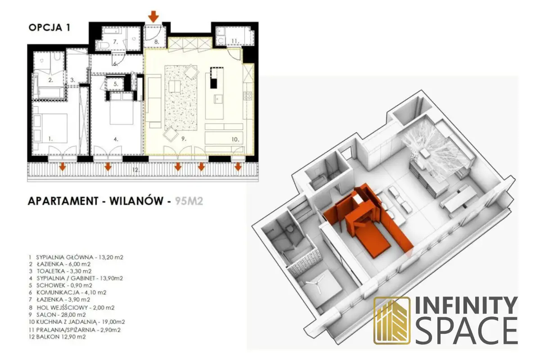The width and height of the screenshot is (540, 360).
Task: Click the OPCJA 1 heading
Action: (x=49, y=28)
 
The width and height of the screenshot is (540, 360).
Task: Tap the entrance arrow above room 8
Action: (x=153, y=17)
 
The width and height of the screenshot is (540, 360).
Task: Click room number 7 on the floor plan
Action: (x=116, y=42)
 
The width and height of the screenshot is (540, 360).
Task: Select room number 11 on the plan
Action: (x=235, y=41)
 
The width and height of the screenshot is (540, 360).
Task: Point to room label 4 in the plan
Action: (x=116, y=139)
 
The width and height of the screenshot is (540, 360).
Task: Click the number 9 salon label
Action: (x=184, y=139)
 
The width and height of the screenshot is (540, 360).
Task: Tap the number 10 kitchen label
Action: (x=235, y=139)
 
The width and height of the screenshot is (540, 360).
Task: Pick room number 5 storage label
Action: (x=116, y=84)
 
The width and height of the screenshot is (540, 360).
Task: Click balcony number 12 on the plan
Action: (x=136, y=170)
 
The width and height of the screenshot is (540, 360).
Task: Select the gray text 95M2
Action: (x=189, y=201)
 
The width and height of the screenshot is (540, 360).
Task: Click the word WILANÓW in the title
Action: (x=136, y=201)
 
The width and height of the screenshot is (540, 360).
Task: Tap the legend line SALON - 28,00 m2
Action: (x=61, y=315)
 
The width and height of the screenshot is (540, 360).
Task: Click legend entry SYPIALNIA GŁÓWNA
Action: (x=64, y=257)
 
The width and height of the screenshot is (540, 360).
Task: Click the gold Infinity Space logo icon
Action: (x=392, y=320)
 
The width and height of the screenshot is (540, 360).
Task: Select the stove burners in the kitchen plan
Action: (x=248, y=96)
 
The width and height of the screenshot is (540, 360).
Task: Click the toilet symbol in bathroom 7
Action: (x=101, y=45)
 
